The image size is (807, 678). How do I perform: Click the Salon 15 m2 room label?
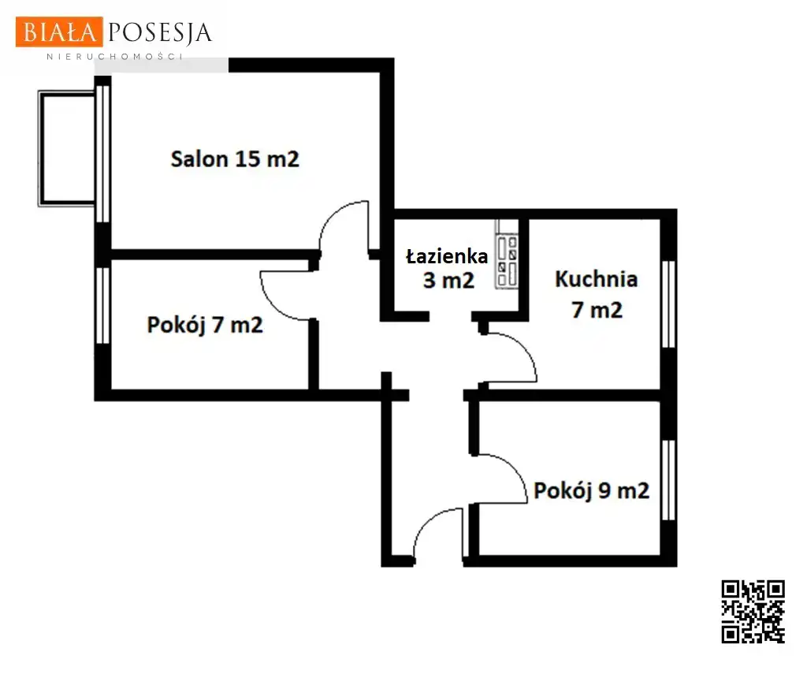click(x=235, y=159)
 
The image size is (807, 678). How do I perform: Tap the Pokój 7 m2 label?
click(x=205, y=325)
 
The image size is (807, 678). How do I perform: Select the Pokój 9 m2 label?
click(x=591, y=490)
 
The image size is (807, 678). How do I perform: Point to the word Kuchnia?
click(x=597, y=279)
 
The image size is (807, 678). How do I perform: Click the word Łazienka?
click(x=447, y=256)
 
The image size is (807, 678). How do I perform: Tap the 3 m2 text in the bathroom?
click(x=448, y=281)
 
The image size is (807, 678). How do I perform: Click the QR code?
click(x=753, y=612)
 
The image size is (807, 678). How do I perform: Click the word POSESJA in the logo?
click(x=159, y=33)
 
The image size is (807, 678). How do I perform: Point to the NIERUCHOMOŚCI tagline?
click(x=115, y=57)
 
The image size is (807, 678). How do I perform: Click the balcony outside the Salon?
click(x=67, y=148)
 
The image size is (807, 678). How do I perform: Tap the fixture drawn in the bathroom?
click(x=507, y=255)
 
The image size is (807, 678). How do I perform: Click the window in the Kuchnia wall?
click(x=668, y=304)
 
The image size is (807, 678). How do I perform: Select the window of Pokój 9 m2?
click(x=668, y=480)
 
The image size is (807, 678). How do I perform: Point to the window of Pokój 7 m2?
click(x=103, y=305)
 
